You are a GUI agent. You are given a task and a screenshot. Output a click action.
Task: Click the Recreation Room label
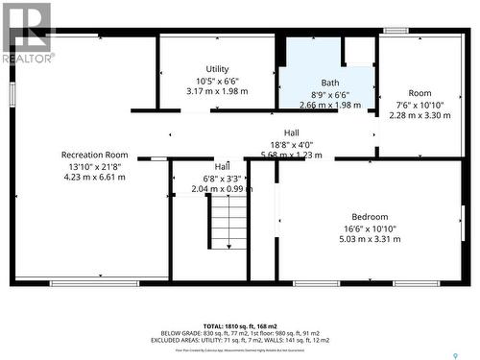94,155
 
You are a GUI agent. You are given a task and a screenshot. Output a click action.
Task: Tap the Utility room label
218,69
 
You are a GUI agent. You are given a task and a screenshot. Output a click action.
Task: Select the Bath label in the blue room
330,83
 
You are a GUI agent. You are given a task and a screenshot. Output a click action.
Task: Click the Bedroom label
370,217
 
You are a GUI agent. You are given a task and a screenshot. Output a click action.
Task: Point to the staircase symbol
228,221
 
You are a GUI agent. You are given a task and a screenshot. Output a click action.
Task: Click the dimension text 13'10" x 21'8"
94,166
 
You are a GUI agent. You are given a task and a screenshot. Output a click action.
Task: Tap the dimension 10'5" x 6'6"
218,81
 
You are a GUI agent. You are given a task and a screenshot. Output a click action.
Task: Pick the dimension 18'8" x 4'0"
291,144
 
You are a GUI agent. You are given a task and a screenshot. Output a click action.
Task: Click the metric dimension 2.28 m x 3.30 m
420,115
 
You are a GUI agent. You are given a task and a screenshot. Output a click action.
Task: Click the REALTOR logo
27,33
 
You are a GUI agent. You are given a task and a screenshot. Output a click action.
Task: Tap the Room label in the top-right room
420,93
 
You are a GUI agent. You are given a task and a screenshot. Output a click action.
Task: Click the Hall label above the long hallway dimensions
291,132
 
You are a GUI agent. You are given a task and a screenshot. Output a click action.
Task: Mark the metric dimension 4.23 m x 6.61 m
94,177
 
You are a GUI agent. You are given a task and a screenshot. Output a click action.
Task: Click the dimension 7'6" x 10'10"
420,105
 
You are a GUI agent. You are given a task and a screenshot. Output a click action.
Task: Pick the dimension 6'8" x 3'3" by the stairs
223,178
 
